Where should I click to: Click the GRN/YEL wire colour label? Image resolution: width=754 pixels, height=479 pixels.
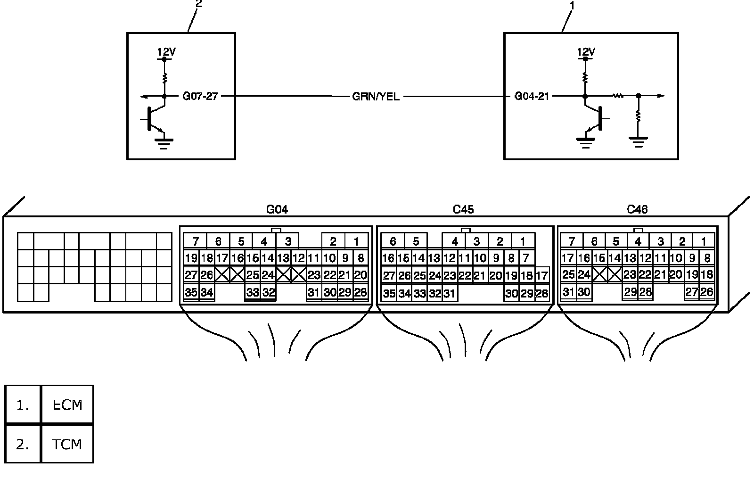[376, 97]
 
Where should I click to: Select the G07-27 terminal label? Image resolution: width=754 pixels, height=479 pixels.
[200, 96]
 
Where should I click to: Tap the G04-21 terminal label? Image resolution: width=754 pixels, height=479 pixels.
[532, 96]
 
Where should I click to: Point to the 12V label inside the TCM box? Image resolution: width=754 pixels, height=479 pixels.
[166, 52]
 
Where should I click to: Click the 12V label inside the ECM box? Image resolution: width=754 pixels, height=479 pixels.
[586, 52]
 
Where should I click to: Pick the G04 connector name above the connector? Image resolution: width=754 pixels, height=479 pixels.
[277, 209]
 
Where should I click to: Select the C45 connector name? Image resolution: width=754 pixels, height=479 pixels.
[463, 209]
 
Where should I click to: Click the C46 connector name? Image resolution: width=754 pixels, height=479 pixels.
[637, 209]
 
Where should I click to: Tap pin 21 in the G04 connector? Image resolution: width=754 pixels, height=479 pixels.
[344, 275]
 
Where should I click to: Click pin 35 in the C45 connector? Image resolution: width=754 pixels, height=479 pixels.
[389, 293]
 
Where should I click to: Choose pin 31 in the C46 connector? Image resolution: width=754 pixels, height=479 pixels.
[568, 292]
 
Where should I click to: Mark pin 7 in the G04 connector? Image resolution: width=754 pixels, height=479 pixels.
[195, 241]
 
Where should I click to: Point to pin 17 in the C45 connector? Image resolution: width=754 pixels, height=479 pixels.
[541, 276]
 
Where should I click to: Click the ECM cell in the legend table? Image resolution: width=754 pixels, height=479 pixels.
[67, 405]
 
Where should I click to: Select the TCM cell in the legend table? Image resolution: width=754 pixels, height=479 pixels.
[67, 444]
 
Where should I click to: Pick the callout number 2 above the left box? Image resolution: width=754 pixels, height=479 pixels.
[198, 4]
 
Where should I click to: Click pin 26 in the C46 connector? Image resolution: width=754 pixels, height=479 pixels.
[707, 292]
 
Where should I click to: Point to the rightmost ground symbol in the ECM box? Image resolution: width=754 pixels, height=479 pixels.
[638, 142]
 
